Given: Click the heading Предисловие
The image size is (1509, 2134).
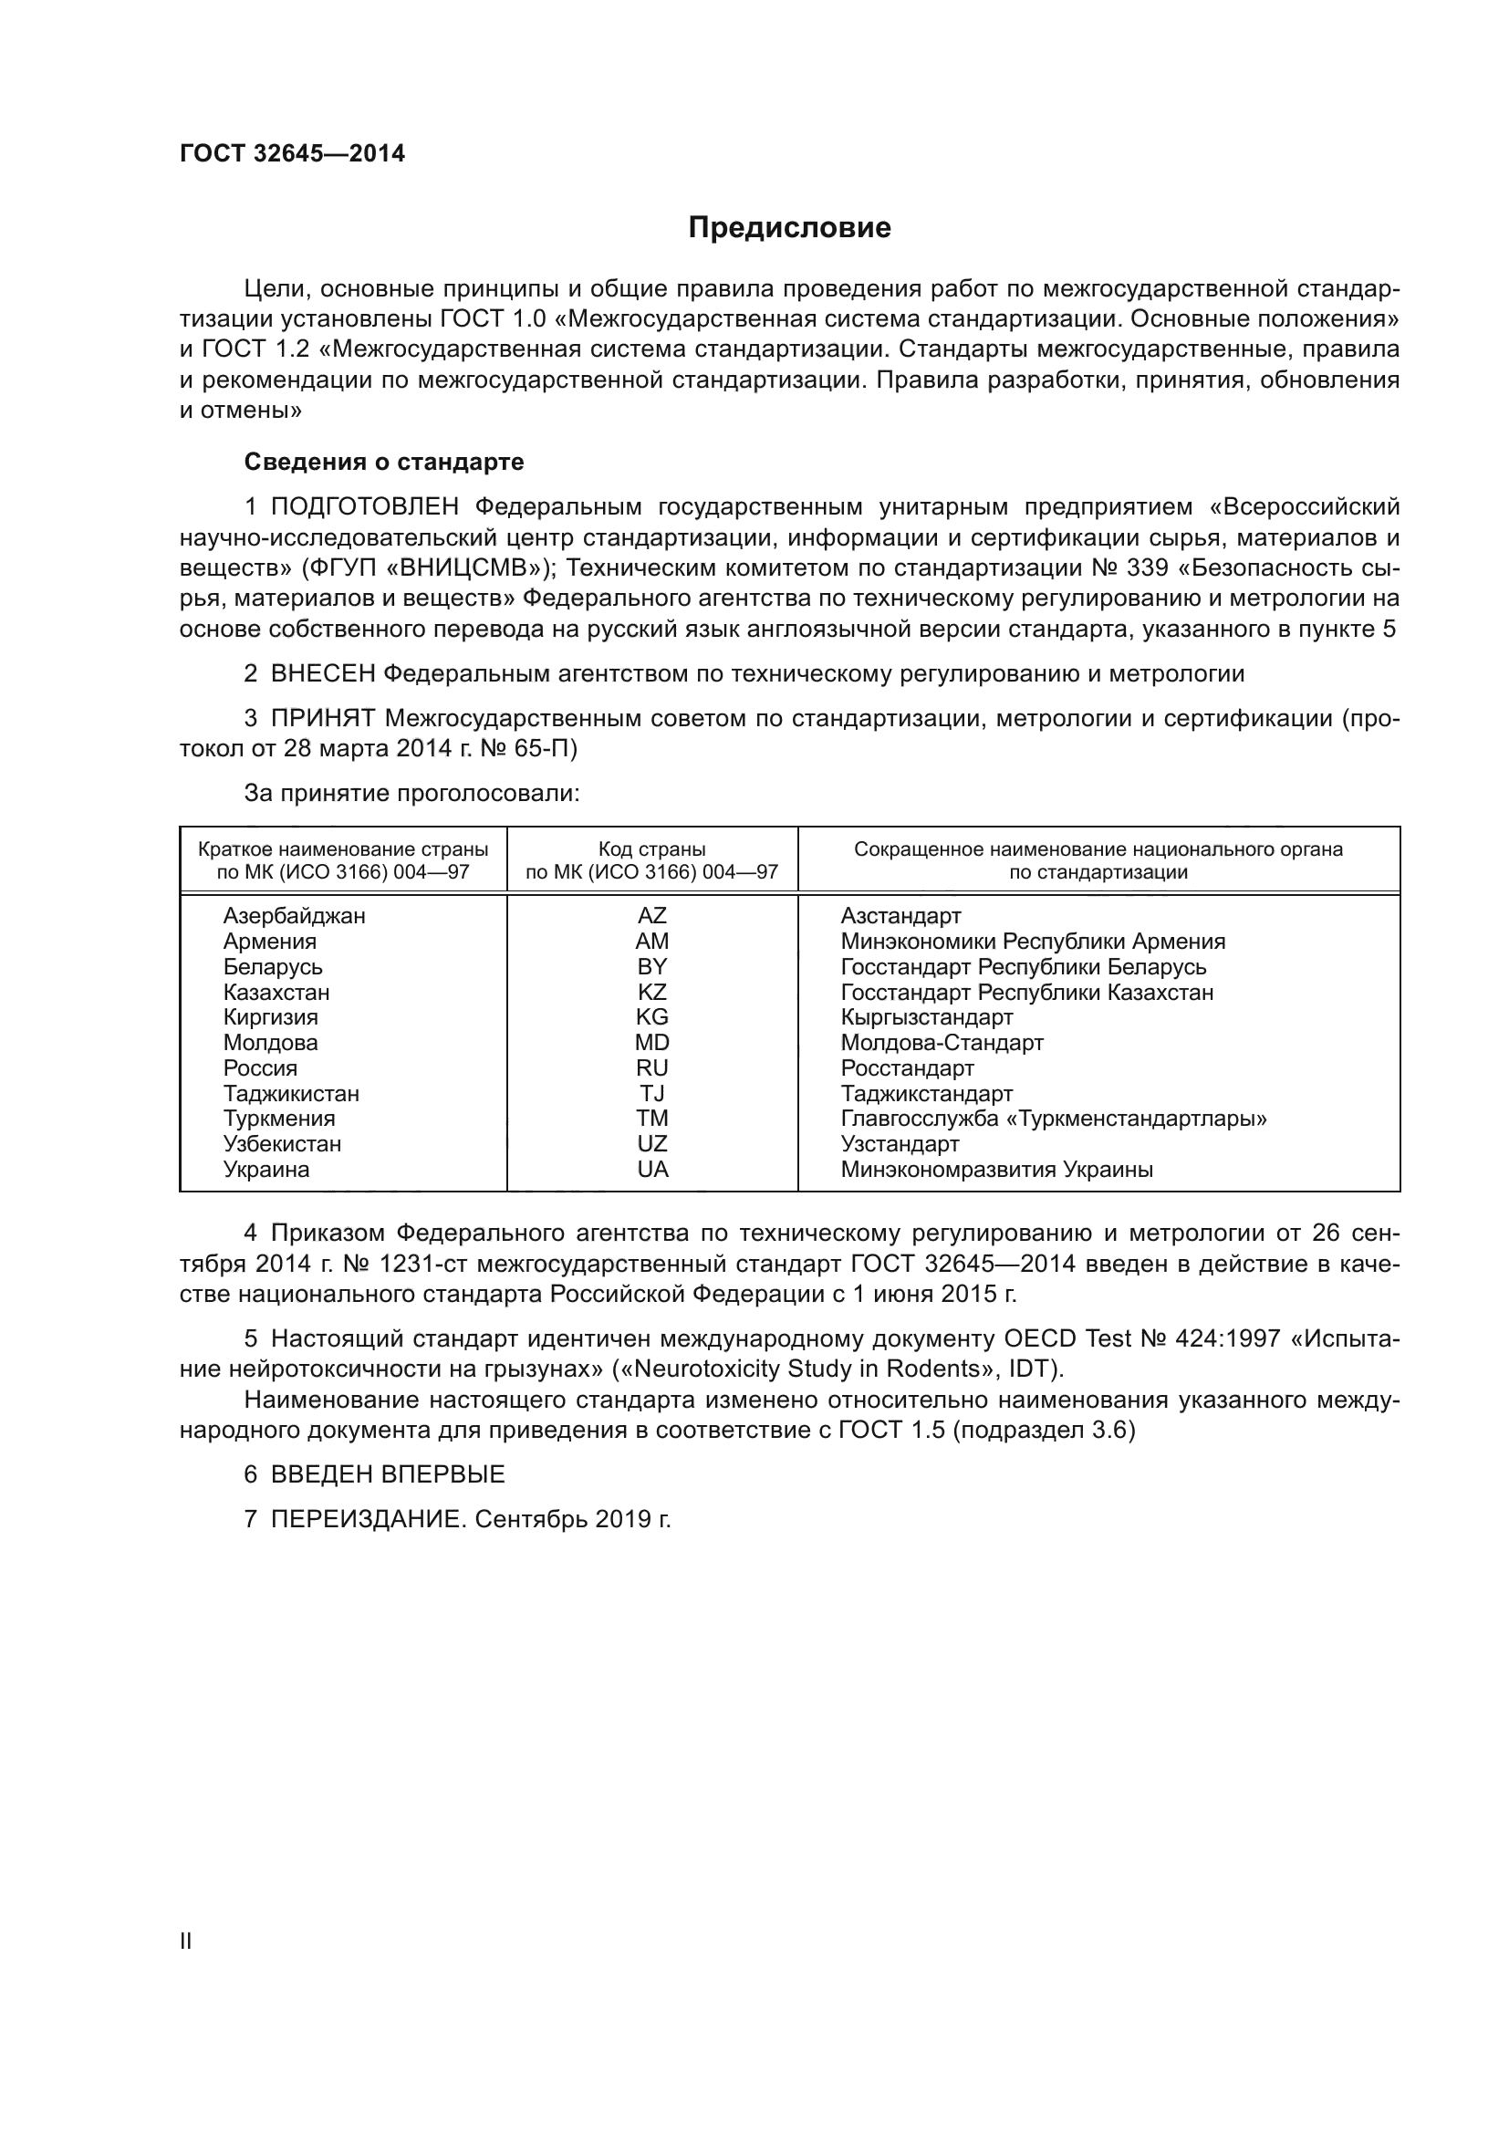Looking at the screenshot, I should point(789,228).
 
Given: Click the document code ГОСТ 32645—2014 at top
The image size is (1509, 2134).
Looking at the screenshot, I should point(292,154).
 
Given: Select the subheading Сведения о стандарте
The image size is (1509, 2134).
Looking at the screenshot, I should point(384,462).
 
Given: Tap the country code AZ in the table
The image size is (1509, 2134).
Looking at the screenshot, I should point(651,915).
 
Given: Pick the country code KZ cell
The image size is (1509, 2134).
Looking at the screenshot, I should point(651,992).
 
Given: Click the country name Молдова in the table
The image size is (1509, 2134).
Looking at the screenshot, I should point(270,1043).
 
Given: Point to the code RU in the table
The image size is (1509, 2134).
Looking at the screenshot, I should point(651,1068).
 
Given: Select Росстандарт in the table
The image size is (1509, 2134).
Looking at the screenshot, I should point(907,1068).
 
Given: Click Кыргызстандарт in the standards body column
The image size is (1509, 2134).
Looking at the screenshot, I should point(926,1016).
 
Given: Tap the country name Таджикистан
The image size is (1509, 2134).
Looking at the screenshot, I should point(291,1094).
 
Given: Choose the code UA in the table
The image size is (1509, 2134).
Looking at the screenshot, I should point(652,1170).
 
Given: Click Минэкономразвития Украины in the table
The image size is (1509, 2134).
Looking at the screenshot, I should point(996,1170).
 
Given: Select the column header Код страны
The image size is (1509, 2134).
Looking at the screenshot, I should point(651,849).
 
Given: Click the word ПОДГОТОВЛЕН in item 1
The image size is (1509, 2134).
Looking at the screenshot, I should point(364,506).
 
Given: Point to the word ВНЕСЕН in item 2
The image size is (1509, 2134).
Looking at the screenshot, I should point(322,674).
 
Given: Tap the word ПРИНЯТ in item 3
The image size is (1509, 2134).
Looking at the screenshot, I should point(322,718).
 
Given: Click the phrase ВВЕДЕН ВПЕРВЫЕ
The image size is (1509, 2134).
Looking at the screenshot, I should point(388,1474).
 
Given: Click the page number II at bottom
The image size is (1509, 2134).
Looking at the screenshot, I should point(186,1941).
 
